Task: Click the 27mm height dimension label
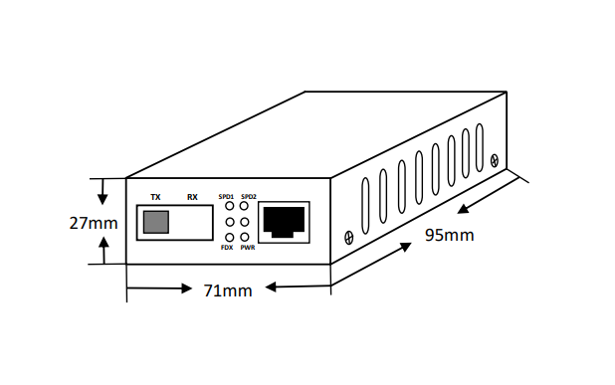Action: [x=94, y=223]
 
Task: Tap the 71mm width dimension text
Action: [x=228, y=290]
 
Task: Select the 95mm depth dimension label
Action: [x=450, y=235]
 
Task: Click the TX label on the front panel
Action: [x=155, y=197]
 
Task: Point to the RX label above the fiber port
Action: [x=192, y=197]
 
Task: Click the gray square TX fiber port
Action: [x=156, y=222]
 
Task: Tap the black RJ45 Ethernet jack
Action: [x=284, y=222]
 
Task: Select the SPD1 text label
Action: [x=226, y=197]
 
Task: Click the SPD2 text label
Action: [x=249, y=197]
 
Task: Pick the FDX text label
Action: [x=227, y=248]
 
